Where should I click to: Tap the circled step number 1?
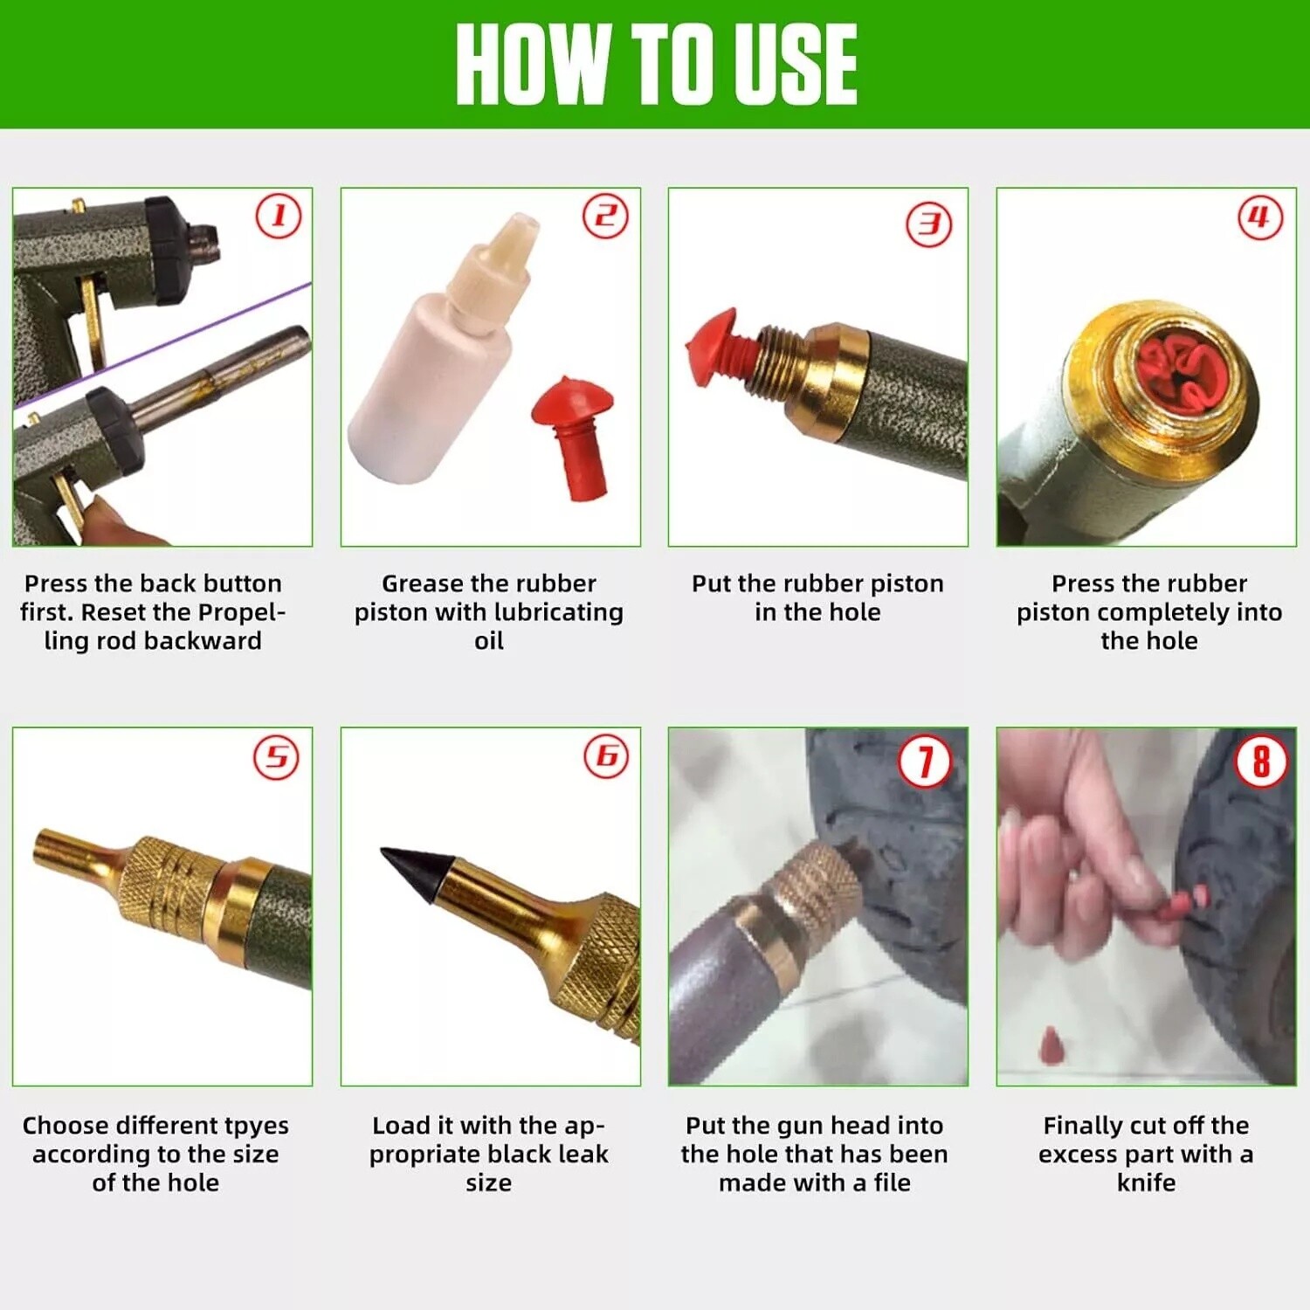coord(279,216)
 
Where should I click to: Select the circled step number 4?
coord(1260,217)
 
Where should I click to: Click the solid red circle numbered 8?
coord(1260,761)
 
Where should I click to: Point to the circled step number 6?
coord(606,756)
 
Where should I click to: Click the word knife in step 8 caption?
coord(1146,1182)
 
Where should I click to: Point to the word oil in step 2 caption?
coord(488,641)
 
